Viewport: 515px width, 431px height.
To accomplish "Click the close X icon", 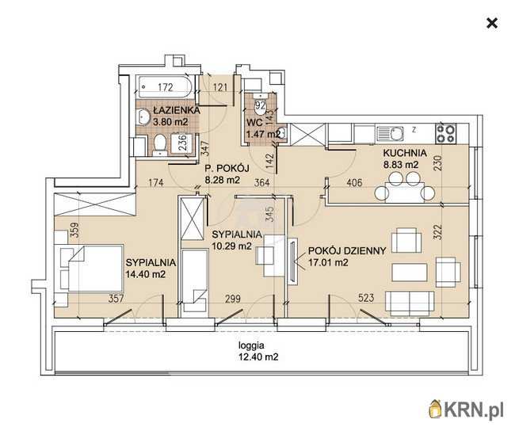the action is [x=492, y=23].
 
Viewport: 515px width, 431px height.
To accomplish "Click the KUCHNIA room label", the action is [x=405, y=153].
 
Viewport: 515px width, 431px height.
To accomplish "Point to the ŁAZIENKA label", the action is [x=177, y=110].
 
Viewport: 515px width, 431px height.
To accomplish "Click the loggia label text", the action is [x=251, y=345].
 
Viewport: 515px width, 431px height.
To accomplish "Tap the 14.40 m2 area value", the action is [x=146, y=274].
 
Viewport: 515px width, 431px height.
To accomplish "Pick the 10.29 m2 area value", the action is [x=232, y=246].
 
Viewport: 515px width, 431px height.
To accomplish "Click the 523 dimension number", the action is [x=366, y=298].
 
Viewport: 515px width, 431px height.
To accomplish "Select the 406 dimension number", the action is [x=354, y=183].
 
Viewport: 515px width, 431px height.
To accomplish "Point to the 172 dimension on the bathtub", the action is [x=166, y=87].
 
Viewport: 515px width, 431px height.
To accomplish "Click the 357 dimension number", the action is [x=116, y=299].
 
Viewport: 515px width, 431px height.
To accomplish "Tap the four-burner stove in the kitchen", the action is [x=446, y=133].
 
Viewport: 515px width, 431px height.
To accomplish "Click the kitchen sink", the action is [x=390, y=134].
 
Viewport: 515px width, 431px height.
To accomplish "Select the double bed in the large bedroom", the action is [x=92, y=268].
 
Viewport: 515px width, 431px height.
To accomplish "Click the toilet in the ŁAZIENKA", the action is [x=160, y=145].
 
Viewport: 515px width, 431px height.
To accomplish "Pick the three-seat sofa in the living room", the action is [x=410, y=303].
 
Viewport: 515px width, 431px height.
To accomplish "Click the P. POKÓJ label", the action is [x=227, y=169].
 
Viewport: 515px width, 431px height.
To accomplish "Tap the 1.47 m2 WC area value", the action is [x=263, y=134].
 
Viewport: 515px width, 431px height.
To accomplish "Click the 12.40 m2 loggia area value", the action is [x=259, y=357].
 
